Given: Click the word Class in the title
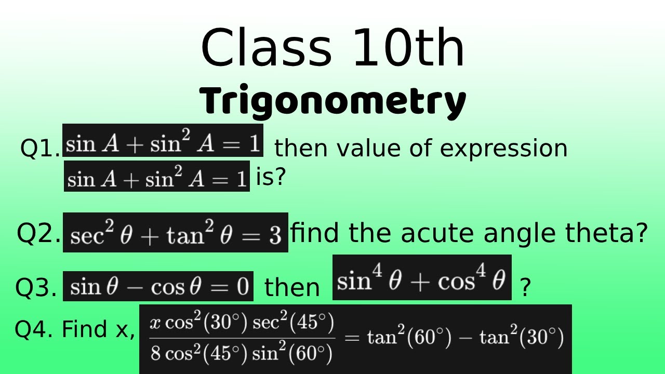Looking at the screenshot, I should point(265,48).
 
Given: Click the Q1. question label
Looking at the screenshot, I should point(40,149).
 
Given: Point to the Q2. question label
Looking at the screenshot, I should point(39,233).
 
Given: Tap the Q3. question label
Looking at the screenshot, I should point(36,287).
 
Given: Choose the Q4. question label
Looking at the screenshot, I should point(34,329).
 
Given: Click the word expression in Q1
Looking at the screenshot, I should point(503,149).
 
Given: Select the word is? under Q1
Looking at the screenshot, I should point(271,178).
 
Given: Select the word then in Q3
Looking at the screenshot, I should point(292,287).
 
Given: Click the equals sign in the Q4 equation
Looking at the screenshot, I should point(352,338).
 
